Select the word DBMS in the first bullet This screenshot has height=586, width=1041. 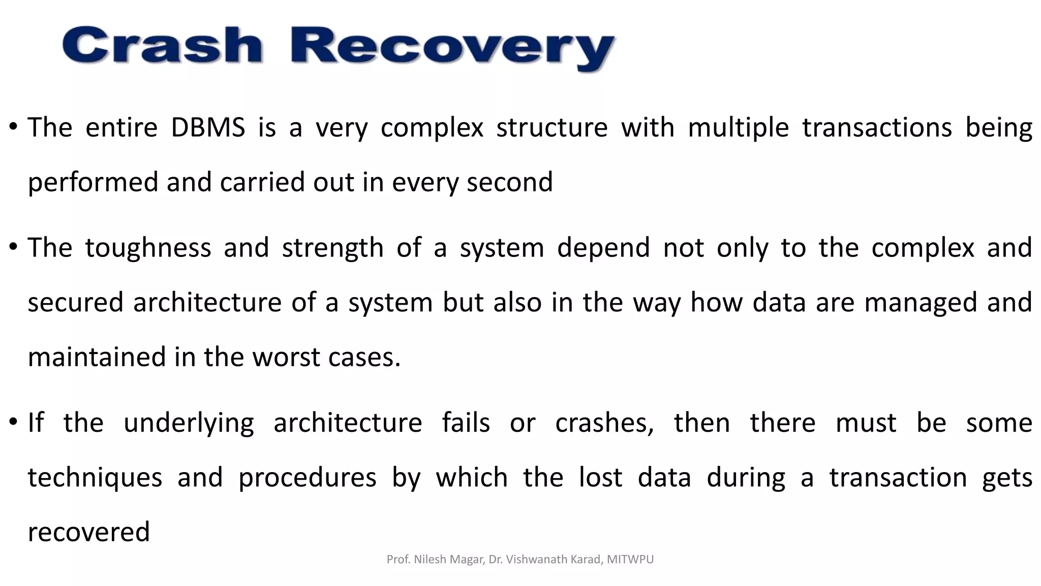208,127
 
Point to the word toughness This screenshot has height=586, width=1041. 147,248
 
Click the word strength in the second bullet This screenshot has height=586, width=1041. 332,248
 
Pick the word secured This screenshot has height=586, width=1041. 75,302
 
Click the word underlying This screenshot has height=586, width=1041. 188,423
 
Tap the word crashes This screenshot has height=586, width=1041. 604,423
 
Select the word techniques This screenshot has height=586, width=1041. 95,478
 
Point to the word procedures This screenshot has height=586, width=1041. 307,478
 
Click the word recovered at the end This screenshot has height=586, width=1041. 88,532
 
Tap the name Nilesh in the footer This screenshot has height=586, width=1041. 430,560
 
